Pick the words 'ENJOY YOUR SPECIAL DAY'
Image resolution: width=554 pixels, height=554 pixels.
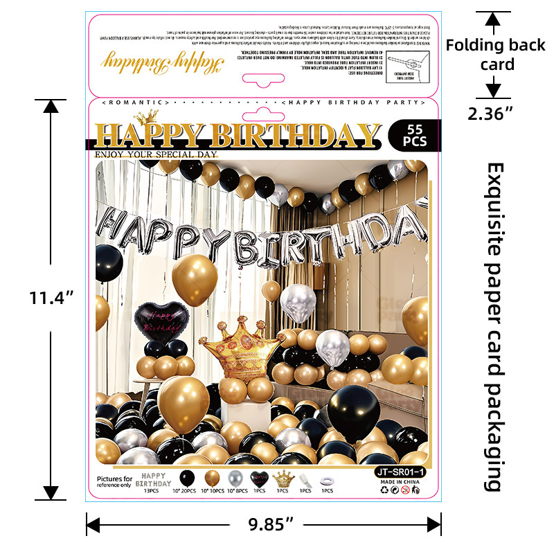tap(156, 154)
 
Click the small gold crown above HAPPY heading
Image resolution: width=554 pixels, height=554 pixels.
tap(147, 118)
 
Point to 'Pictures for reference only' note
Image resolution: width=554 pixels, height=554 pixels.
tap(114, 482)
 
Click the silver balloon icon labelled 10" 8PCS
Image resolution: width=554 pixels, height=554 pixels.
tap(235, 477)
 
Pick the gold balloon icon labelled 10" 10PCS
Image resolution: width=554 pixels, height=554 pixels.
tap(211, 477)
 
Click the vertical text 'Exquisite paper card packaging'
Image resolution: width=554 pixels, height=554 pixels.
tap(494, 325)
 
